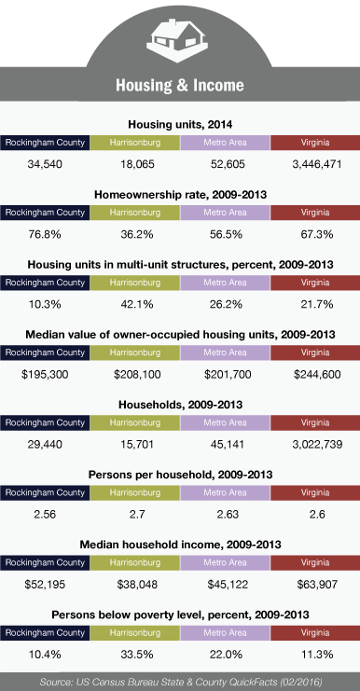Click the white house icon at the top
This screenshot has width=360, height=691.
pos(176,40)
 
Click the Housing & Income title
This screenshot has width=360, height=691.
pos(180,85)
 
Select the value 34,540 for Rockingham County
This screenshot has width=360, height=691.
pos(45,164)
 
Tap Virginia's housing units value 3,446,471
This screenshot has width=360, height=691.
pos(317,164)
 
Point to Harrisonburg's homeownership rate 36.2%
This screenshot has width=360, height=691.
pos(137,234)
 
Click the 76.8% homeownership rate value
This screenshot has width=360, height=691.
pos(45,234)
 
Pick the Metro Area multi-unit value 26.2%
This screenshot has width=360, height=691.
pos(226,305)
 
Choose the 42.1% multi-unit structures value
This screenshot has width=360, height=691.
pos(137,305)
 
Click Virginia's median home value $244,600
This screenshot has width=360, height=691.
pos(317,375)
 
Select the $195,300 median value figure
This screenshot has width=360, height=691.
pos(45,375)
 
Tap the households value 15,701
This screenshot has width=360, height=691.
pos(137,445)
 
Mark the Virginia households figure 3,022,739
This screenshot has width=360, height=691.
pos(317,445)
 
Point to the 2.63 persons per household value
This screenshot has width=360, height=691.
pos(226,515)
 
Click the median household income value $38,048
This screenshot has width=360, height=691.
pos(137,585)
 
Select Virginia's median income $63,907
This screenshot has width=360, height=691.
pos(317,585)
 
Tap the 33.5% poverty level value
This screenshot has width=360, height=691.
pos(137,655)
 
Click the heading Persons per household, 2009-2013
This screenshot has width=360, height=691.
pos(180,475)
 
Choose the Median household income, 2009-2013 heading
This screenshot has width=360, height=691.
pos(180,546)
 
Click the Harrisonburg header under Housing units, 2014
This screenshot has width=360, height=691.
pos(135,143)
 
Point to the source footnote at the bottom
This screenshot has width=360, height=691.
pos(181,683)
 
